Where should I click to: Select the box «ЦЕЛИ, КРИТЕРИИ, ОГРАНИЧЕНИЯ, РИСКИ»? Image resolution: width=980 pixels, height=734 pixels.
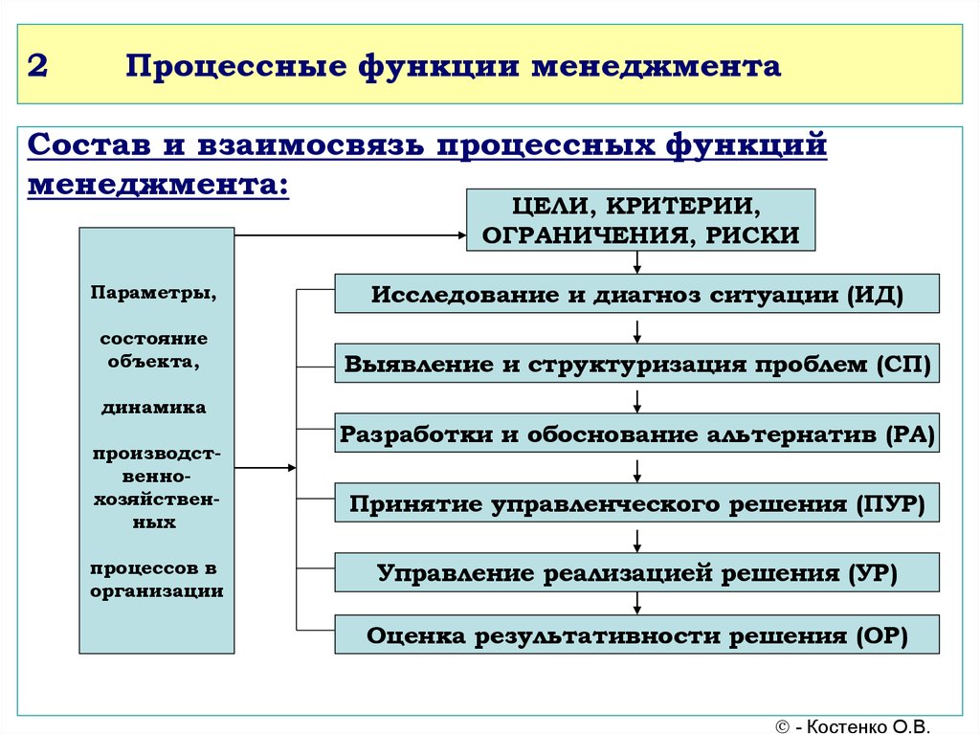coord(640,220)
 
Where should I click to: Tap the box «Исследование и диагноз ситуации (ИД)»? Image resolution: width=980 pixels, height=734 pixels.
coord(636,293)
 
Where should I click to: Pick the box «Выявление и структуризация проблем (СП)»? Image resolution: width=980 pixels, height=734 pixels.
coord(636,365)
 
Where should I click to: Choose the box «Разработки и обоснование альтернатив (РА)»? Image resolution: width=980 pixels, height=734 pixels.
coord(636,434)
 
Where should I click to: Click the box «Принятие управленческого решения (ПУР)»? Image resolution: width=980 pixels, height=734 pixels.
coord(636,503)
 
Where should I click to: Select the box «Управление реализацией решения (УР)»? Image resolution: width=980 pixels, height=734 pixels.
coord(636,572)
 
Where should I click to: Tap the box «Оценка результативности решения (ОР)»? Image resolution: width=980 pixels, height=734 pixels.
coord(636,634)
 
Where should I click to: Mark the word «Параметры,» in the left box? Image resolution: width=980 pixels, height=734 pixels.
coord(154,293)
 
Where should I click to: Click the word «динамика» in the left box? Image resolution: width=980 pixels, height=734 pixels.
coord(154,408)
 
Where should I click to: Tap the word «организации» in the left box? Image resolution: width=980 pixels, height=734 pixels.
coord(157,590)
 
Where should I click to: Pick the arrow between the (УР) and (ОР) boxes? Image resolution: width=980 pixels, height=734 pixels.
coord(636,604)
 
